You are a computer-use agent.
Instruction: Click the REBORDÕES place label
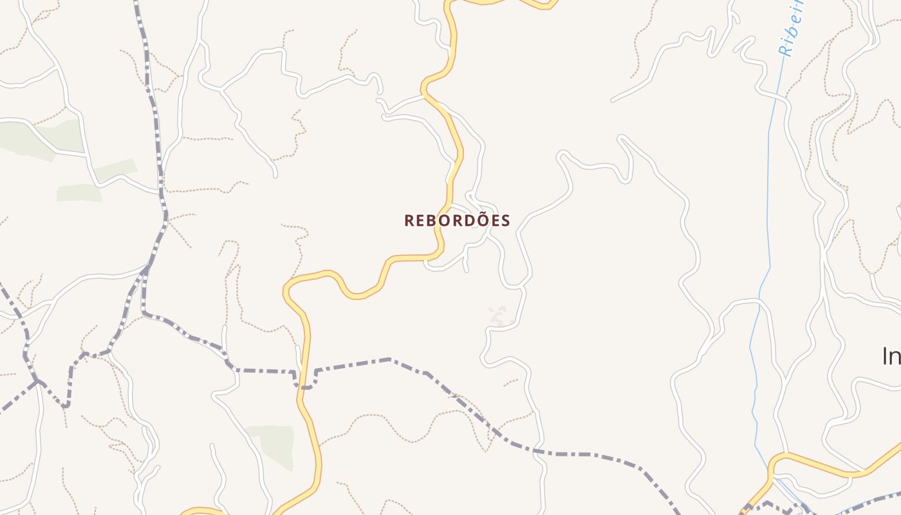point(457,221)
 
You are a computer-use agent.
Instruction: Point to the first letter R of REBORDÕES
point(409,221)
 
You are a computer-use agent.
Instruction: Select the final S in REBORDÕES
point(506,221)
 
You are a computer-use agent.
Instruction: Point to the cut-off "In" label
point(891,356)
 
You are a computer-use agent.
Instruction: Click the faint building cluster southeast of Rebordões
point(499,315)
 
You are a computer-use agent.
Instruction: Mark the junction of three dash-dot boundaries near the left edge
point(37,381)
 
